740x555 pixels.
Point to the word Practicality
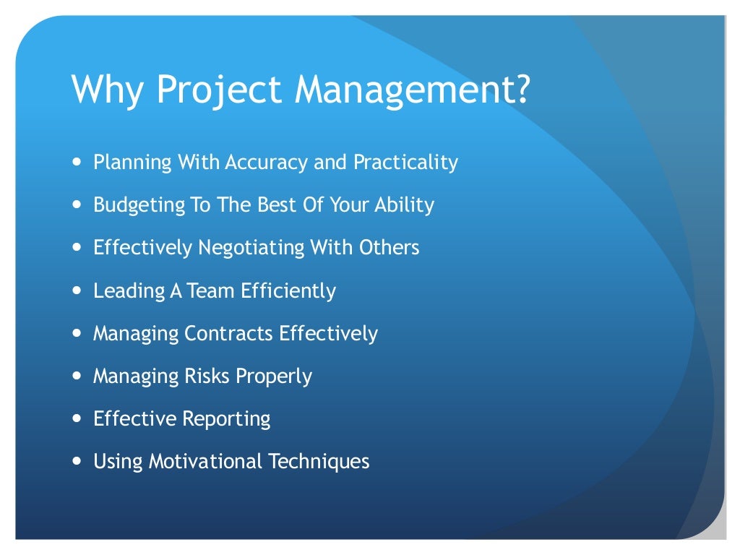pyautogui.click(x=405, y=163)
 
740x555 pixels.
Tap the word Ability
pyautogui.click(x=404, y=205)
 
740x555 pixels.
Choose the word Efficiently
pyautogui.click(x=288, y=291)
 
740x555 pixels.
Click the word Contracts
pyautogui.click(x=229, y=333)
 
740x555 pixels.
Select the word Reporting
pyautogui.click(x=226, y=419)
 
